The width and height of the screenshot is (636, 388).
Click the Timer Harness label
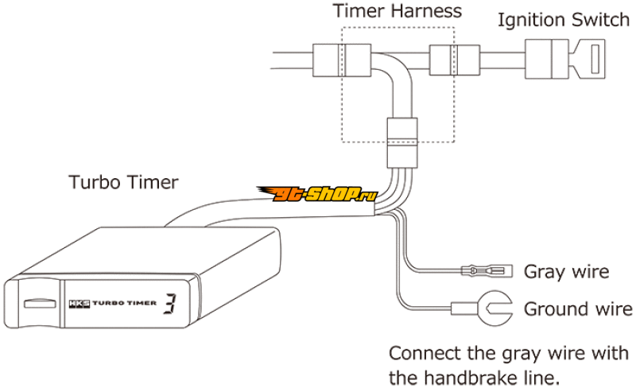(397, 12)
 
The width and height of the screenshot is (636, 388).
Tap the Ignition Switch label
(563, 19)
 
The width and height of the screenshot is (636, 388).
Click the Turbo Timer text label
(122, 183)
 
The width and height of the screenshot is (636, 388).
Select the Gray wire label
(566, 272)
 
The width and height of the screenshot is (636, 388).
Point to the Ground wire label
(578, 308)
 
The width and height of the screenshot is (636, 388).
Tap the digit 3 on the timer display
(170, 303)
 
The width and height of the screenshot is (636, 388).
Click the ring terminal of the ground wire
(496, 308)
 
